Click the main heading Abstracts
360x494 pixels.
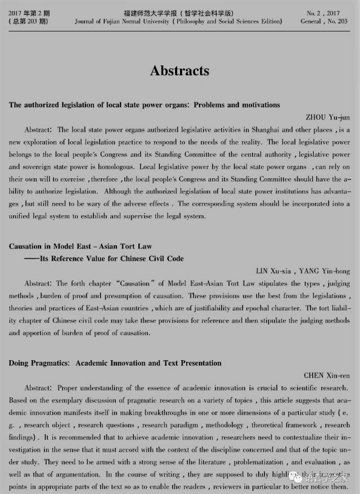(x=179, y=71)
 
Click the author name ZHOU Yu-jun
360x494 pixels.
(x=327, y=117)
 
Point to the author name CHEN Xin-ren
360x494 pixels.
(x=327, y=375)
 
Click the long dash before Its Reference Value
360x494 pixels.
(x=30, y=259)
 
